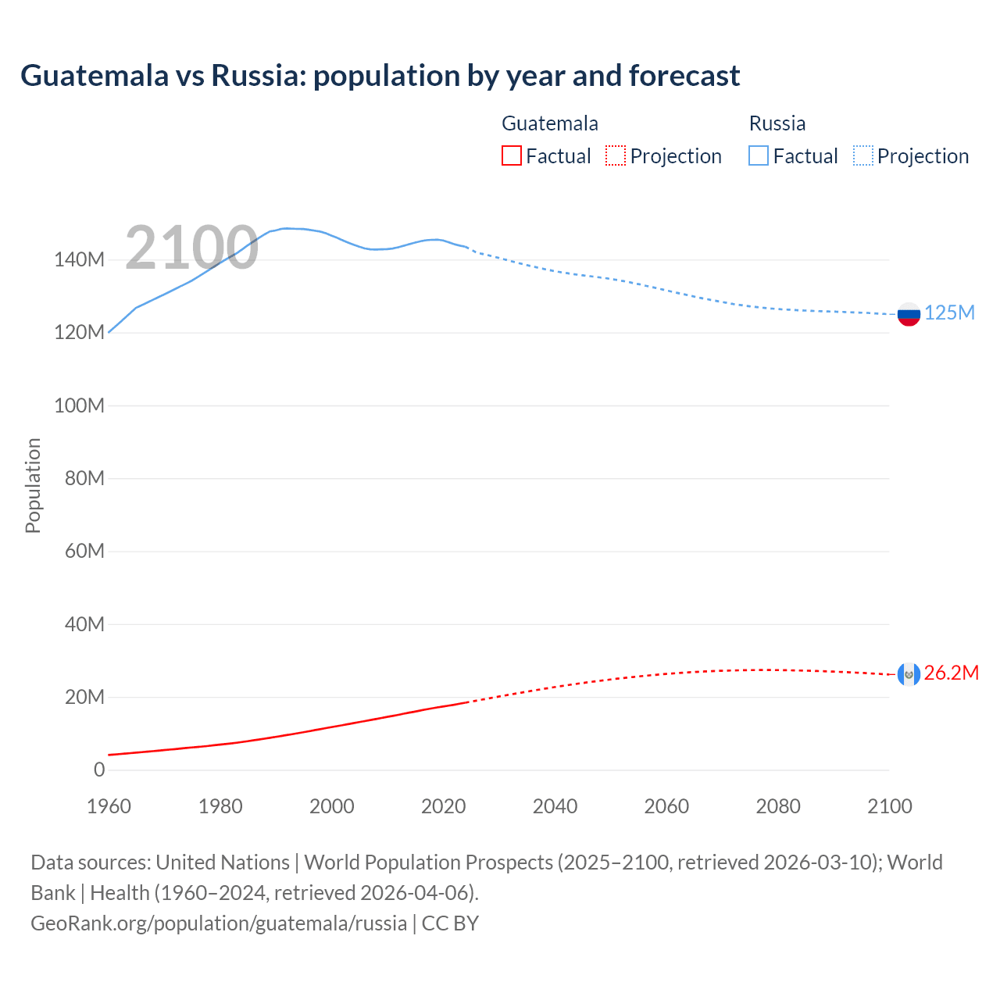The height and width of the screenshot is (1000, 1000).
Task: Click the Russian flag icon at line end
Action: (x=909, y=314)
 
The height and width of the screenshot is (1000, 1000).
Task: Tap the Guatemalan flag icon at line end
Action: (x=909, y=673)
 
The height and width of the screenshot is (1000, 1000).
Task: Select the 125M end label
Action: (x=949, y=313)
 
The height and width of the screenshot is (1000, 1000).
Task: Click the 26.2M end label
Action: (x=951, y=673)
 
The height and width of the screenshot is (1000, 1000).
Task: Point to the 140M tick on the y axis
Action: (x=79, y=260)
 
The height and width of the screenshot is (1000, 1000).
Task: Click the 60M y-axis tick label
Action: (x=84, y=552)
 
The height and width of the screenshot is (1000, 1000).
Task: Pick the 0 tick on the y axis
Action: (x=99, y=770)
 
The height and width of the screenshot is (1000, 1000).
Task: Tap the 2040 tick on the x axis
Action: (x=555, y=806)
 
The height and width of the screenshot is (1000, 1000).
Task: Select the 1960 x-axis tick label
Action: (x=109, y=806)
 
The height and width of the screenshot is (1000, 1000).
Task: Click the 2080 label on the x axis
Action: (x=778, y=806)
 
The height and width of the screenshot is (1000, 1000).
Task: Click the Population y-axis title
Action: (x=33, y=485)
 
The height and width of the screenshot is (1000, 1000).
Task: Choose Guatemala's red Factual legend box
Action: (x=512, y=155)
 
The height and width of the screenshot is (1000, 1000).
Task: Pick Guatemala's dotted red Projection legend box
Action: (x=616, y=155)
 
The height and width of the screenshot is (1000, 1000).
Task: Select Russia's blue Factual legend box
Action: (x=759, y=155)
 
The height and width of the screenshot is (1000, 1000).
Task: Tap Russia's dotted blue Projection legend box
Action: (x=863, y=155)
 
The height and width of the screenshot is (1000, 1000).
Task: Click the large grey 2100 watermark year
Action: (x=191, y=248)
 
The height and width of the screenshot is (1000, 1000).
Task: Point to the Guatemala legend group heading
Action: (x=550, y=123)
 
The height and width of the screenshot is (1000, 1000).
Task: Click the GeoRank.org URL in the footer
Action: (x=219, y=923)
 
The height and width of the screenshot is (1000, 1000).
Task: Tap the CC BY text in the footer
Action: (x=450, y=923)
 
